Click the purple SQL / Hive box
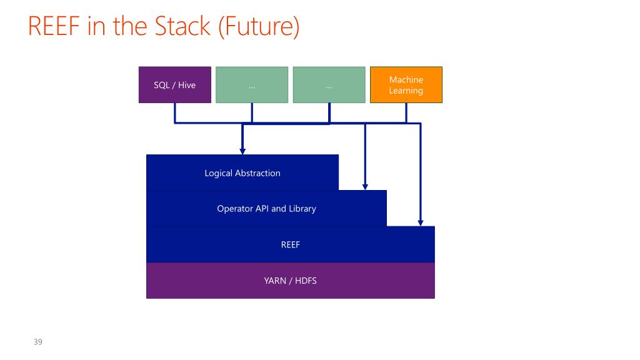[175, 85]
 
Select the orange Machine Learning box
[406, 85]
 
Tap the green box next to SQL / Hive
[252, 85]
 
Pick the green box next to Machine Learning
[329, 85]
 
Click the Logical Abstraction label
[242, 173]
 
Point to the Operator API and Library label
[266, 209]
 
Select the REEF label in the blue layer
[290, 244]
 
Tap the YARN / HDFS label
[290, 281]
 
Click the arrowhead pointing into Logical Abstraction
[242, 151]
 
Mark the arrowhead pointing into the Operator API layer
[365, 187]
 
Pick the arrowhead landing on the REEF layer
[421, 223]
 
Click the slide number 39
[38, 342]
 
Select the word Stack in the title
[182, 26]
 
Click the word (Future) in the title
[259, 27]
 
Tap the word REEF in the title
[54, 26]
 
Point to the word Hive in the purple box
[187, 85]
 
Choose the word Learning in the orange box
[406, 91]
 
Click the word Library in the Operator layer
[302, 209]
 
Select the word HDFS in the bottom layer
[306, 281]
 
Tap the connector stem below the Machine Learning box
[406, 112]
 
